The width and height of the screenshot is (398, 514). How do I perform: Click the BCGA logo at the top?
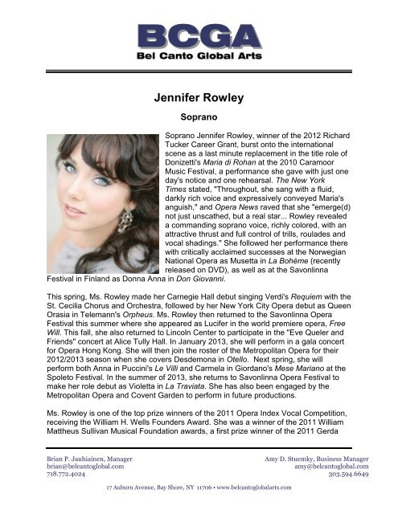[x=199, y=40]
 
